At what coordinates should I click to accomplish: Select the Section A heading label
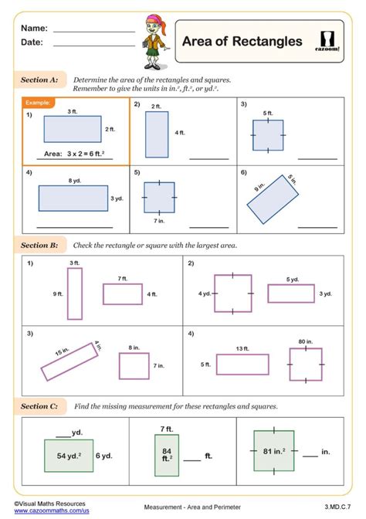39,80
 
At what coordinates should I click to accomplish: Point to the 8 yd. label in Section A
73,180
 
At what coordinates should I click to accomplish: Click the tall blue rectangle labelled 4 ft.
157,134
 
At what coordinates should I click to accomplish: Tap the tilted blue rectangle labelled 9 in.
272,199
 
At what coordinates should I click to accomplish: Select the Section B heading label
39,245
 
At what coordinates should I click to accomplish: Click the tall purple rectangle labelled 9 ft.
74,293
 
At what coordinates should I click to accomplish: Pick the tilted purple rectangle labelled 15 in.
69,361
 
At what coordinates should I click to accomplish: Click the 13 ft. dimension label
242,348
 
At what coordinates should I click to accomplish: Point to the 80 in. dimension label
305,341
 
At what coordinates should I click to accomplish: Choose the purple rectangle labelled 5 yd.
291,293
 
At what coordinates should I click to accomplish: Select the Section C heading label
39,405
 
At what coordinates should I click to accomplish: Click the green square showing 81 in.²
274,450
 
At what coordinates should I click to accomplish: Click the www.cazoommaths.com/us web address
51,511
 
